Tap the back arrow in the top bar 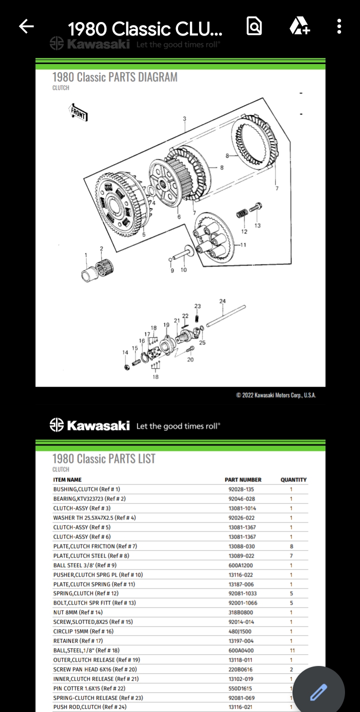(x=26, y=26)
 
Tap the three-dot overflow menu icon (x=339, y=26)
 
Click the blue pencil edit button (x=318, y=692)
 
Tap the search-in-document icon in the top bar (x=254, y=26)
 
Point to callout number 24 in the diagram (x=222, y=300)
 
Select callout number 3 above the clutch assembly (x=184, y=118)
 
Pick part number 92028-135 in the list (x=241, y=489)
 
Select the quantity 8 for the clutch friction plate (x=291, y=546)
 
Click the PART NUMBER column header (x=243, y=479)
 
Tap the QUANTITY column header (x=293, y=479)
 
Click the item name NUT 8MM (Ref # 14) (x=78, y=612)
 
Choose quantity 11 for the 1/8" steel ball (x=292, y=650)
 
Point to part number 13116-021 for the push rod (x=241, y=707)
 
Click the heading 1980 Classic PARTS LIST (x=104, y=458)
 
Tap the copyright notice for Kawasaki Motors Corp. (x=276, y=395)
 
